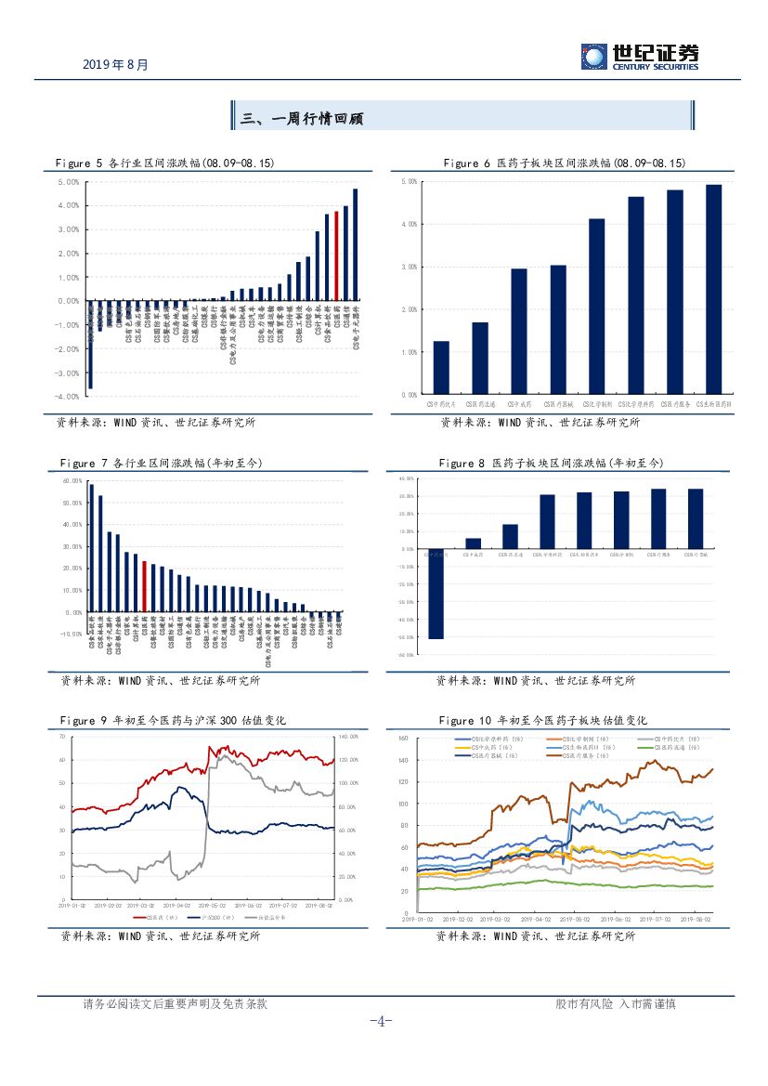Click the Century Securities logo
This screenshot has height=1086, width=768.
(x=640, y=57)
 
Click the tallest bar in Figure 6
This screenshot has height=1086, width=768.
(x=713, y=289)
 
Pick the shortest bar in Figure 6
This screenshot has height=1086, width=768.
(x=441, y=367)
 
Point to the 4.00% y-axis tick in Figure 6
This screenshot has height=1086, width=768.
(x=408, y=224)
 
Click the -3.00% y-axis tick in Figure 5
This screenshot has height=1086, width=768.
(x=67, y=373)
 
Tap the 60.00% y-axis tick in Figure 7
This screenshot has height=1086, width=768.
(x=72, y=481)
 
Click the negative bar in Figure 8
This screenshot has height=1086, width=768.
(x=436, y=594)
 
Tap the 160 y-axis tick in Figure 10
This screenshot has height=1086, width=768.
(x=404, y=739)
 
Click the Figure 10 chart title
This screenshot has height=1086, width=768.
(x=542, y=720)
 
